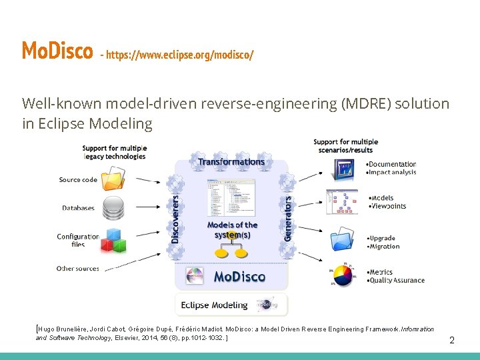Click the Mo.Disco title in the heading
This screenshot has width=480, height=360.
[57, 51]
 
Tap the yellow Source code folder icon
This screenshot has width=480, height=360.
[114, 179]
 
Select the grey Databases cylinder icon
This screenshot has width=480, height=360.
[114, 206]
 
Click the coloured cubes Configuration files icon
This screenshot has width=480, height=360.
[114, 239]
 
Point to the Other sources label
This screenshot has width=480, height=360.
[77, 269]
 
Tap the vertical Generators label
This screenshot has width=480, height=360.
[288, 218]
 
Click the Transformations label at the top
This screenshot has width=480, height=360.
[231, 161]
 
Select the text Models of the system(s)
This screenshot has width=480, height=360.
[231, 230]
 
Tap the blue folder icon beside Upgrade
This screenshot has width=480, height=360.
[345, 239]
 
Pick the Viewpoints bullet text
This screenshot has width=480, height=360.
[389, 206]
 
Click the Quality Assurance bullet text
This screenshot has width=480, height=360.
[398, 281]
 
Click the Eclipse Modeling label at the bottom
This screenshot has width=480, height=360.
[214, 305]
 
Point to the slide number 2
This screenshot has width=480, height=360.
[451, 340]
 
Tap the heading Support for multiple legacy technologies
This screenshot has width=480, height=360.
[114, 152]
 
